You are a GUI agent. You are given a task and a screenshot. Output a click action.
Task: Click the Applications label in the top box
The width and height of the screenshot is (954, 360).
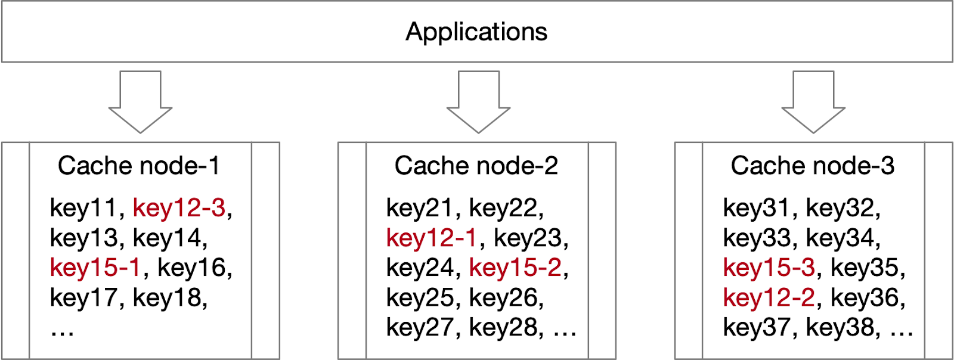tap(476, 32)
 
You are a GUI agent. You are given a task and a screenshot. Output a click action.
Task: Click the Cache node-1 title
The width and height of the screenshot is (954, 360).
tap(138, 166)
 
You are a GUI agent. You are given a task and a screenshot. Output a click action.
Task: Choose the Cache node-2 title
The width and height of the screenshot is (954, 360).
tap(476, 166)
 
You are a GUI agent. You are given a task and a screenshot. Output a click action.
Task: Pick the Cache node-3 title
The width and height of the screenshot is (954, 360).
tap(813, 166)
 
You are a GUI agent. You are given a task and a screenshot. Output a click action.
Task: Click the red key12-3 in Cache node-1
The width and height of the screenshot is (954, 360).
tap(179, 208)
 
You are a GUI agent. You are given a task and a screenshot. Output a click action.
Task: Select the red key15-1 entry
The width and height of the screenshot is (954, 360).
tap(95, 268)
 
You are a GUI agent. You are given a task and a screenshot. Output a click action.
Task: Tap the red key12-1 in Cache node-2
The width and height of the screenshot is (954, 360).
tap(432, 238)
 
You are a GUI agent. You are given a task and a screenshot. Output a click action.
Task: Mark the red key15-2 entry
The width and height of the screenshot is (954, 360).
tap(516, 268)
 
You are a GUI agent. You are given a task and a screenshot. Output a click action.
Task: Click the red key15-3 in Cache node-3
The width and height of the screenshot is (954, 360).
tap(769, 268)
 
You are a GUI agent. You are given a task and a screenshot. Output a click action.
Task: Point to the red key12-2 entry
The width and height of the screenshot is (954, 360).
tap(769, 297)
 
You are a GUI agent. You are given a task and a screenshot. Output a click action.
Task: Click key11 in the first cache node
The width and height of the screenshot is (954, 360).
tap(83, 208)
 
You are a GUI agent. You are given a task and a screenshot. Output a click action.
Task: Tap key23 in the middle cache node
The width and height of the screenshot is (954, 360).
tap(528, 238)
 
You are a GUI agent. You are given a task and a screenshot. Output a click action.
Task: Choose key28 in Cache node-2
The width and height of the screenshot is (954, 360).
tap(503, 327)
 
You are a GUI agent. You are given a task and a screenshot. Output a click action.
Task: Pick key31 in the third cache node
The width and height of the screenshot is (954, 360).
tap(756, 208)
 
